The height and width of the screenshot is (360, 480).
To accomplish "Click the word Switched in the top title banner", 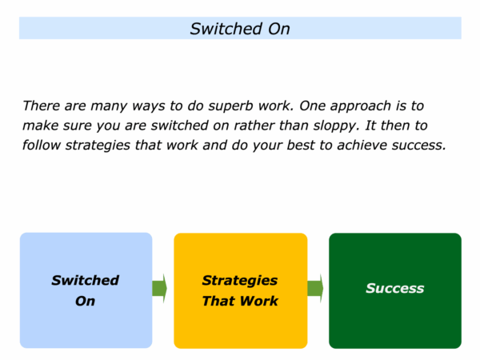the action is coord(226,29).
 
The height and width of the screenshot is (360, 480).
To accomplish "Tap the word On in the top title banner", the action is coord(279,29).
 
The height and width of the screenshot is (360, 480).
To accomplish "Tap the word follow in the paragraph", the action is coord(42,145).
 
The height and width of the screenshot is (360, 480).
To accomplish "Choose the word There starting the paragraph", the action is coord(41,106).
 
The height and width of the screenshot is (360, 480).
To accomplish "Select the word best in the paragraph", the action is coord(301,145).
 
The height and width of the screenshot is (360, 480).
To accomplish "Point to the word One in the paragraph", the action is coord(313,106).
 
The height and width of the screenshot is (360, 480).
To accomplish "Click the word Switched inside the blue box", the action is coord(85,281).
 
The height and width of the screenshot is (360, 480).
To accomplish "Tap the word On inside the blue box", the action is coord(85,301).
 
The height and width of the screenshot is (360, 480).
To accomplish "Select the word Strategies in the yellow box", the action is coord(240,281).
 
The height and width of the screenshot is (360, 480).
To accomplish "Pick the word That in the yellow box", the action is coord(218,301).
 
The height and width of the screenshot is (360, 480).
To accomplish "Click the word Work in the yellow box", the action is coord(259,301).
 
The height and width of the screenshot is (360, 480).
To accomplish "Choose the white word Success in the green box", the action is coord(395,288).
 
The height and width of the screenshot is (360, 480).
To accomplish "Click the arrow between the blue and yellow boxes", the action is coord(159,288).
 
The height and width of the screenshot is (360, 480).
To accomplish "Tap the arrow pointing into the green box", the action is coord(315,288).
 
